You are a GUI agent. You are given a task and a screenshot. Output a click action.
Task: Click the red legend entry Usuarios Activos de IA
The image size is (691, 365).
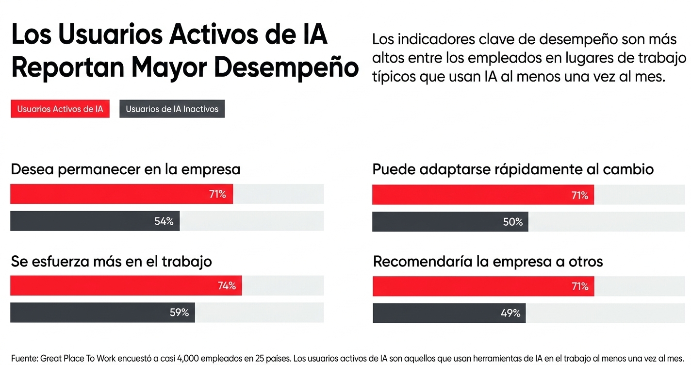pos(60,109)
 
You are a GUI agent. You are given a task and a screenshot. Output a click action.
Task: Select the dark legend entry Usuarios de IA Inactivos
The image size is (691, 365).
pos(172,109)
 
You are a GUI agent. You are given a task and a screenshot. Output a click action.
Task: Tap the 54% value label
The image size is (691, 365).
pos(164,221)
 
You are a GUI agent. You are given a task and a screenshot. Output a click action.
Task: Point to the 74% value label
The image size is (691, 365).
pos(227,286)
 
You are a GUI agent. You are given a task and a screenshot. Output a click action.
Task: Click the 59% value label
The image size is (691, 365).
pos(179,313)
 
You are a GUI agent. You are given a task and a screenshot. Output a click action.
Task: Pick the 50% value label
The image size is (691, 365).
pos(513,222)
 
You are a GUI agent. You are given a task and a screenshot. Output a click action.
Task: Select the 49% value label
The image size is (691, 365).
pos(510,313)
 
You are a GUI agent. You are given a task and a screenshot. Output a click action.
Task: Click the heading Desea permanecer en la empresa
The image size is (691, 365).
pos(125,169)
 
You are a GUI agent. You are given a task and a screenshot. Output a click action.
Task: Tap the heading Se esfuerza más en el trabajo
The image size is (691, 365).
pos(111,262)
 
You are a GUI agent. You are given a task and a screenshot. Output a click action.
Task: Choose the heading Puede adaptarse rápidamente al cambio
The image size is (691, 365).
pos(513,169)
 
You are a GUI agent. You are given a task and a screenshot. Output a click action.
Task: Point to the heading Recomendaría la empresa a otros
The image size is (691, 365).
pos(488,262)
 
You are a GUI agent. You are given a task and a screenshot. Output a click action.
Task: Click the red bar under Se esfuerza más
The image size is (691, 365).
pos(126,286)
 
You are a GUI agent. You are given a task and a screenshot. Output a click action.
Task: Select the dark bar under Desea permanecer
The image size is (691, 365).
pos(95,221)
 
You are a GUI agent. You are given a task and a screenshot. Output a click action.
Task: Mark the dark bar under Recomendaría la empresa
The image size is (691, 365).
pos(449,313)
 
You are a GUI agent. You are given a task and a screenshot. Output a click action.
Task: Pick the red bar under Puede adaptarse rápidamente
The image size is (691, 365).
pos(483,195)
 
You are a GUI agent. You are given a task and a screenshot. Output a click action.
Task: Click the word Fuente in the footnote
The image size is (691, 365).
pos(23,358)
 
